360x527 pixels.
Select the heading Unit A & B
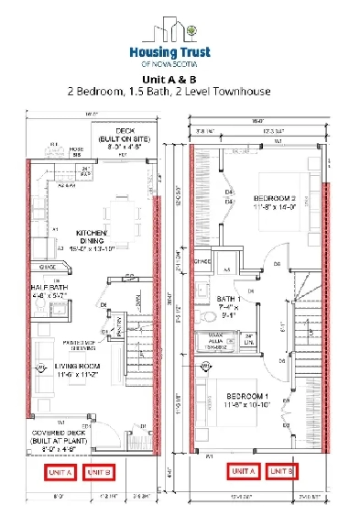pos(180,79)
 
